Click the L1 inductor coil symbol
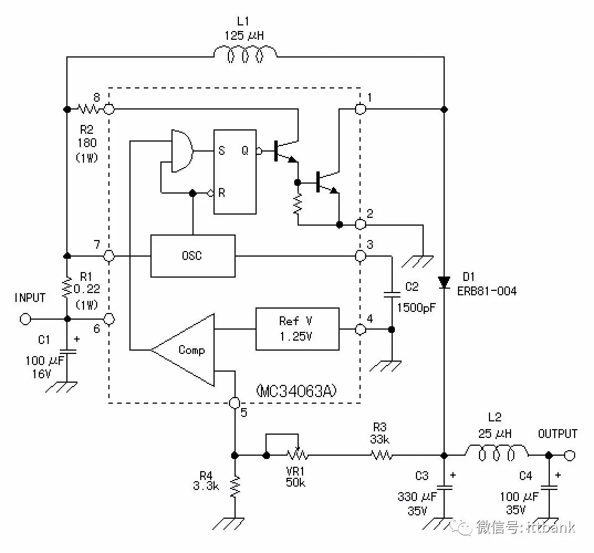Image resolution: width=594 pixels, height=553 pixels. (x=245, y=54)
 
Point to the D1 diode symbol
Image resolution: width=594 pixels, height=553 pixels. (x=444, y=282)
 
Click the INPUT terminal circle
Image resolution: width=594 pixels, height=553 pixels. (x=25, y=319)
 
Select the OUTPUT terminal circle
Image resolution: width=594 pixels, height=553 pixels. (x=570, y=455)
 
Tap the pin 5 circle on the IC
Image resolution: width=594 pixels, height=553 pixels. (x=235, y=403)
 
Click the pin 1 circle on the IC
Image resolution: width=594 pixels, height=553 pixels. (x=360, y=109)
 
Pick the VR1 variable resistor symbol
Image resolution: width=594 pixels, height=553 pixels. (x=298, y=454)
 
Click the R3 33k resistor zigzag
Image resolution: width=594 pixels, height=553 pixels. (x=382, y=455)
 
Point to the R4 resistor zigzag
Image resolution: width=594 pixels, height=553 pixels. (x=235, y=487)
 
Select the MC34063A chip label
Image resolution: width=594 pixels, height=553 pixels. (x=296, y=390)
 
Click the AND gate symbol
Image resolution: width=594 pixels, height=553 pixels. (x=182, y=151)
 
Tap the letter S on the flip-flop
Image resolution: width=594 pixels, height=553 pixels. (x=222, y=151)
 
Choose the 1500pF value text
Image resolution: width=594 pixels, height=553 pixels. (x=416, y=307)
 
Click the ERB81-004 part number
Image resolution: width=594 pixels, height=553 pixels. (x=487, y=291)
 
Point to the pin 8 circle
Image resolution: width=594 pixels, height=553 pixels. (x=109, y=109)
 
